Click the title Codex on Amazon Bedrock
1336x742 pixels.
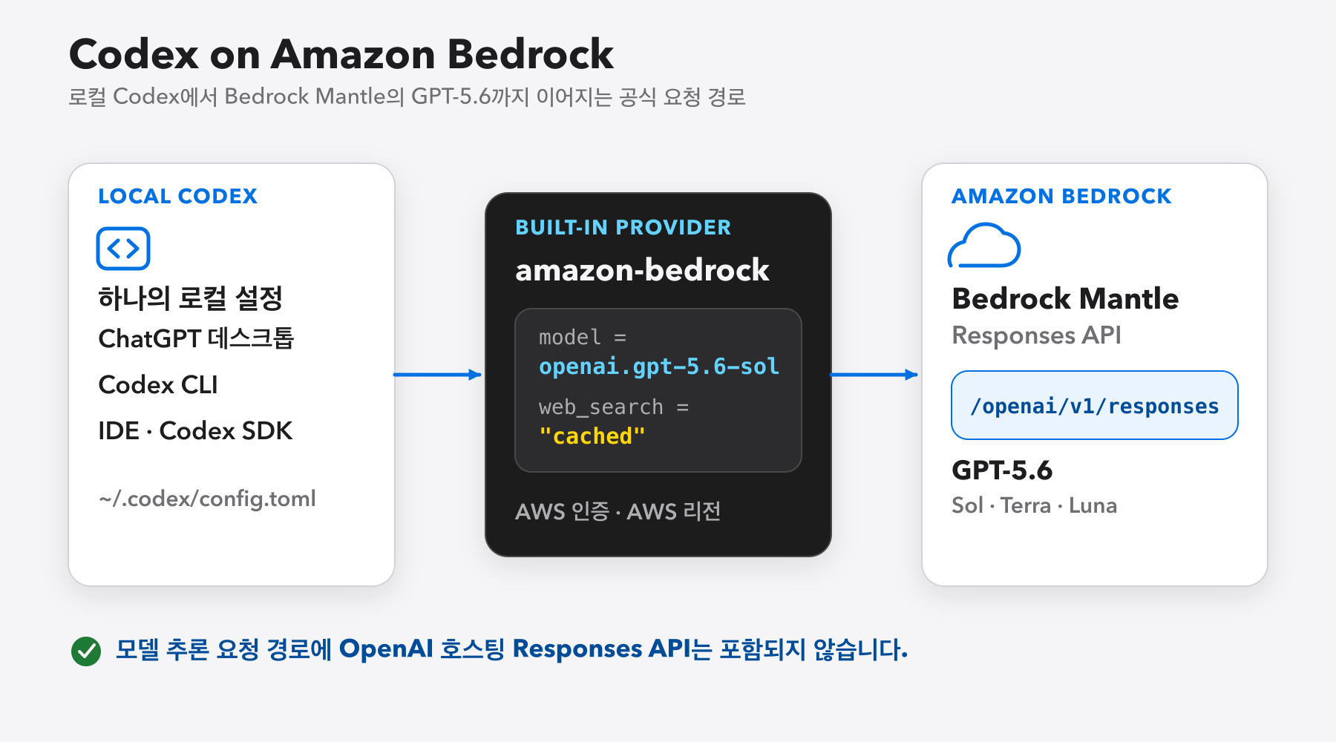pyautogui.click(x=341, y=54)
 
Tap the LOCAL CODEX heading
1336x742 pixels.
pyautogui.click(x=177, y=196)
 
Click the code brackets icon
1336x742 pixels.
pyautogui.click(x=123, y=249)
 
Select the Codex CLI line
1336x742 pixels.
pyautogui.click(x=158, y=384)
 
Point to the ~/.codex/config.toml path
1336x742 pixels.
pyautogui.click(x=207, y=499)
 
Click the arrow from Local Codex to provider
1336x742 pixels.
pyautogui.click(x=438, y=375)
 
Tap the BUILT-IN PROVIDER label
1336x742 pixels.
pyautogui.click(x=623, y=227)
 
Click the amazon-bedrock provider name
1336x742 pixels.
pyautogui.click(x=642, y=270)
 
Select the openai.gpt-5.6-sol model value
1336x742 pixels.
pyautogui.click(x=659, y=367)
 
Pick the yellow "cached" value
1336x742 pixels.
pyautogui.click(x=592, y=436)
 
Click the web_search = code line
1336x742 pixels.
pyautogui.click(x=614, y=407)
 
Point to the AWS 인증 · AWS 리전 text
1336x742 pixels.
pyautogui.click(x=618, y=511)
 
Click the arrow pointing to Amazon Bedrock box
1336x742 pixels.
pyautogui.click(x=874, y=375)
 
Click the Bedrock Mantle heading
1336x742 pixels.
pyautogui.click(x=1065, y=298)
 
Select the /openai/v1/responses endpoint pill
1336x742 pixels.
pyautogui.click(x=1095, y=405)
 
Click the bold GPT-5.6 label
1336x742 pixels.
pyautogui.click(x=1002, y=470)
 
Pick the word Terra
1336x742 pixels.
pyautogui.click(x=1026, y=505)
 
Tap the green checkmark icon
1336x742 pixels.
pyautogui.click(x=86, y=651)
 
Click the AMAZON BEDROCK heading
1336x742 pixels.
pyautogui.click(x=1061, y=196)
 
